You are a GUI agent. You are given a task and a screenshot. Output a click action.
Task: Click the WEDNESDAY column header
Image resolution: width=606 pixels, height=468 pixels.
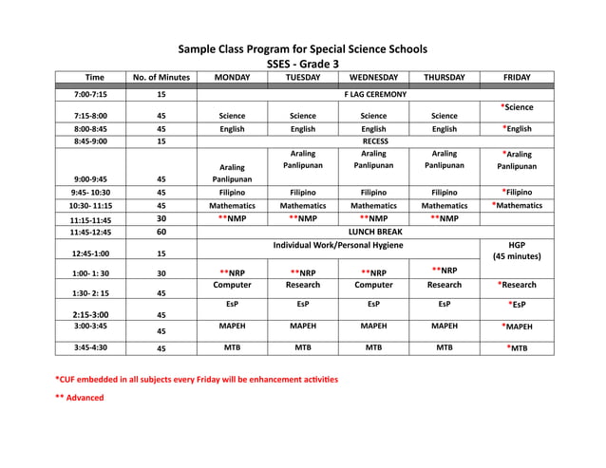(373, 78)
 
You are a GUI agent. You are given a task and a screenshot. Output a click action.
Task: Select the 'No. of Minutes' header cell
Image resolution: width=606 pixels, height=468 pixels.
(161, 78)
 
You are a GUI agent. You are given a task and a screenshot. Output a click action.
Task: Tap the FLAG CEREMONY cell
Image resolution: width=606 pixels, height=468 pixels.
(374, 95)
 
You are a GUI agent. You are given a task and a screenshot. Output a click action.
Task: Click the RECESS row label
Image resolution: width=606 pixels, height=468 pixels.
(374, 141)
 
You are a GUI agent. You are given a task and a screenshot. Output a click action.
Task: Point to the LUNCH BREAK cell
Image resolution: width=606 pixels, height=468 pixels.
(374, 232)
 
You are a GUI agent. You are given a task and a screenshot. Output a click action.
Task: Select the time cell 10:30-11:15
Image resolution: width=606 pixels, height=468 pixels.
(90, 205)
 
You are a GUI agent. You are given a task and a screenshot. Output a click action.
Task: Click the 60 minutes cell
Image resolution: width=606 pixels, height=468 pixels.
(161, 232)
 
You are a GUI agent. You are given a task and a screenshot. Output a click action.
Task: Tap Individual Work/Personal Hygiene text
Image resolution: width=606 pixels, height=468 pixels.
(337, 246)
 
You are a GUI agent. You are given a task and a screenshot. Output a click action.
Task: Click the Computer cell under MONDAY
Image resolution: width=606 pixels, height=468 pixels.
(232, 285)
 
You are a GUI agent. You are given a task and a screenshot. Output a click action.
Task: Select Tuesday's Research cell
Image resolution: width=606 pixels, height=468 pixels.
(302, 285)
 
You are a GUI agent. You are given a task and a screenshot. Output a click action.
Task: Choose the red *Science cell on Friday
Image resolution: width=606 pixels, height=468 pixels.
(518, 108)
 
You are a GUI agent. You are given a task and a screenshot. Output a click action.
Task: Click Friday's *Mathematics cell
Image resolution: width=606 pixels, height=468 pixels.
(518, 204)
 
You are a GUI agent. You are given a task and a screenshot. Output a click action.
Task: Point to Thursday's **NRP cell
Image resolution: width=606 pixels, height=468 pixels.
(445, 271)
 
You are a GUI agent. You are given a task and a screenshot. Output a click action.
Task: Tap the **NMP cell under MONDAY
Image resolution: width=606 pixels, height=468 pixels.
(232, 218)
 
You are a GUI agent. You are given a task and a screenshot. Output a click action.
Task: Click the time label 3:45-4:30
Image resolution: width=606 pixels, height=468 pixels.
(90, 348)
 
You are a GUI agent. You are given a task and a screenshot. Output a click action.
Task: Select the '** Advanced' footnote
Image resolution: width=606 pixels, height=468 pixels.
(80, 398)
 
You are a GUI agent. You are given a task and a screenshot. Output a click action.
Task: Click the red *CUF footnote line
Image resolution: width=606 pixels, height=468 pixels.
(196, 379)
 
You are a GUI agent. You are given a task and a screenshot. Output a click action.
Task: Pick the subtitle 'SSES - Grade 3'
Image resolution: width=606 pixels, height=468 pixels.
(302, 64)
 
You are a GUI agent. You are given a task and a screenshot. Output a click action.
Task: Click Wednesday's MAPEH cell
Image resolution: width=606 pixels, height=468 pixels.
(373, 326)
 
